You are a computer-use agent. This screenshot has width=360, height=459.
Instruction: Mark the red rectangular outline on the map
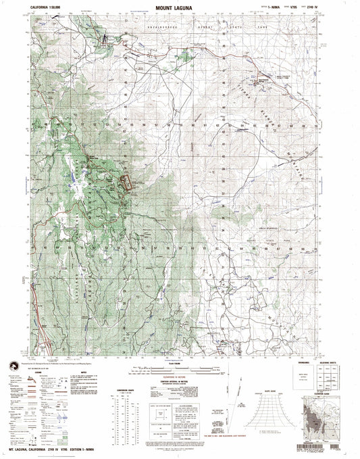pos(126,183)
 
